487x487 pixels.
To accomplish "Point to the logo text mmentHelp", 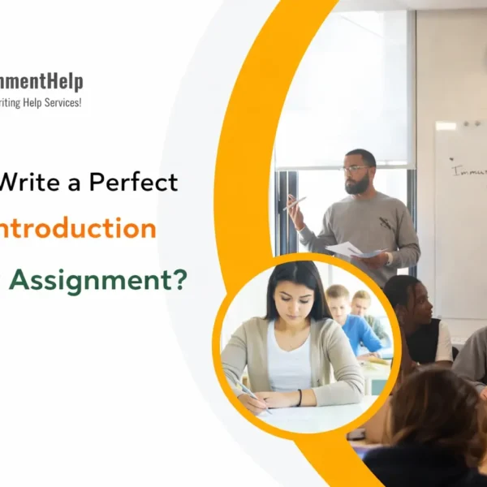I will coord(41,81).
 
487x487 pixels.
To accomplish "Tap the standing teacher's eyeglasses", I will coord(355,169).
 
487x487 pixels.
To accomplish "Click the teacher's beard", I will coord(358,185).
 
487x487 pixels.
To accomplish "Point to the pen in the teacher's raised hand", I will coord(296,203).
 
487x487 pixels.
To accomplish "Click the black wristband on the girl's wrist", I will coord(300,397).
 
